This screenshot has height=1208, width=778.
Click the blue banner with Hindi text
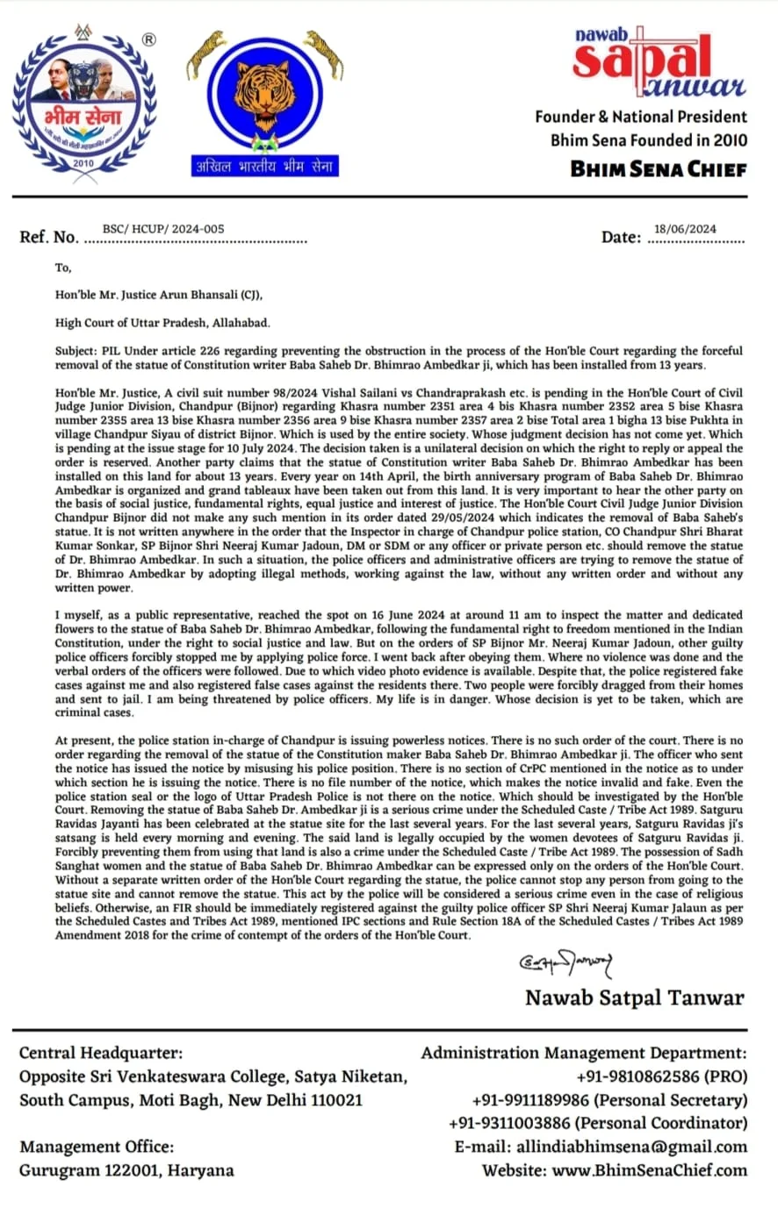click(x=264, y=166)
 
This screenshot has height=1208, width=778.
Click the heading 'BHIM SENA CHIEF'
click(x=659, y=168)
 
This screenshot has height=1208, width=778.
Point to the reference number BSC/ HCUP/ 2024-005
click(x=163, y=229)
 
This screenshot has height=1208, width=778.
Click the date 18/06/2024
click(x=685, y=229)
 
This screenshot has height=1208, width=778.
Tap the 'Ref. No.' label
click(x=48, y=238)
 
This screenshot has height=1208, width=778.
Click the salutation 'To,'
click(x=63, y=268)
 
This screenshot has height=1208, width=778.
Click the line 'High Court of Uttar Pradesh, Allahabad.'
click(x=162, y=323)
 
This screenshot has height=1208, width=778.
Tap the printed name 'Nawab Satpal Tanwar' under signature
click(x=634, y=997)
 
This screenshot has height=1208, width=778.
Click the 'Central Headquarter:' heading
click(x=101, y=1053)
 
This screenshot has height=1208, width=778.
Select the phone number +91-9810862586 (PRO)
click(x=661, y=1076)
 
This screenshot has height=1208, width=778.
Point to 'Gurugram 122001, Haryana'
click(x=126, y=1170)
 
